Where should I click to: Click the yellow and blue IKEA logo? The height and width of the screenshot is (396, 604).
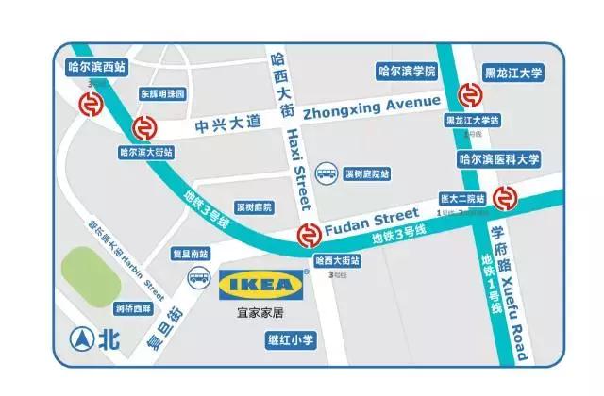(262, 282)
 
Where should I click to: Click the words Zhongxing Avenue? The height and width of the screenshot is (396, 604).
(373, 106)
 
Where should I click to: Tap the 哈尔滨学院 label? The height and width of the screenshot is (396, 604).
(406, 71)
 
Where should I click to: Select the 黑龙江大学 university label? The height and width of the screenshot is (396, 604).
(510, 71)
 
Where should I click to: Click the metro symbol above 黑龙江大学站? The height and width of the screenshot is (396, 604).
(469, 96)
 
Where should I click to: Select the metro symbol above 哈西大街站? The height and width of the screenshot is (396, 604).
(308, 236)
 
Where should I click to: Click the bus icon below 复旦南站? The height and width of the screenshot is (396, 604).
(199, 277)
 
